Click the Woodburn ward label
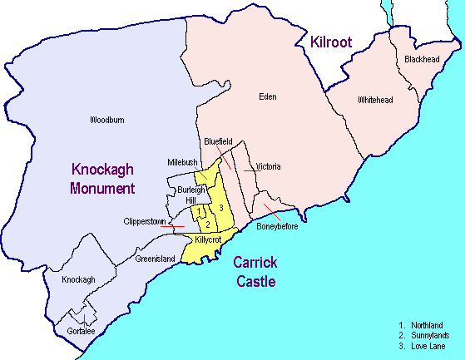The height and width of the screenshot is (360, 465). click(106, 121)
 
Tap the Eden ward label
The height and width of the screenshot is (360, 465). click(267, 97)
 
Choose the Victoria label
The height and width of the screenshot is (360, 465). click(268, 167)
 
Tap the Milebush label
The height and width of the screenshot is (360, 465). click(181, 162)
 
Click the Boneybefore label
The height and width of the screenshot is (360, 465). click(277, 226)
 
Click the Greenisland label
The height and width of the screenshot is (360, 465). click(156, 259)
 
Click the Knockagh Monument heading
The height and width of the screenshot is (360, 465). click(102, 178)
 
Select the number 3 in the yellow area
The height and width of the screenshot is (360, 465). click(221, 207)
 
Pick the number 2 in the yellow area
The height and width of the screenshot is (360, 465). click(207, 224)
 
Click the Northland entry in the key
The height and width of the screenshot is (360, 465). click(428, 324)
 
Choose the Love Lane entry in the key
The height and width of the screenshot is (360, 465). click(428, 345)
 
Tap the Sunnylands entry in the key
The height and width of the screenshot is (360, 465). click(429, 334)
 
